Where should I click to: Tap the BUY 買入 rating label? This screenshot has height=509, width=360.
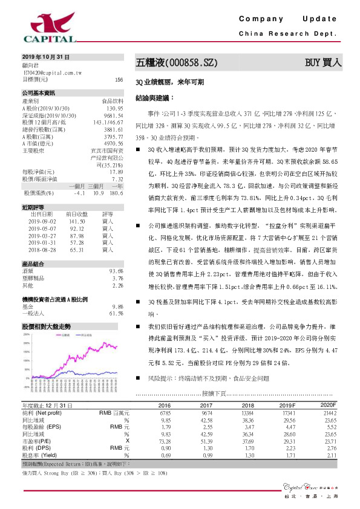tap(324, 62)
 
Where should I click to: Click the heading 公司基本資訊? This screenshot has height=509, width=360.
tap(38, 93)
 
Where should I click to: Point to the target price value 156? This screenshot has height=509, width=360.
tap(119, 79)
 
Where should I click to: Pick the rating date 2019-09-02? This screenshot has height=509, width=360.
tap(41, 222)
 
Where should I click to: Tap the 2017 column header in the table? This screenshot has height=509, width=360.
tap(206, 404)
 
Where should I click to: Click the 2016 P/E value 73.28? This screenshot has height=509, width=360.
tap(164, 441)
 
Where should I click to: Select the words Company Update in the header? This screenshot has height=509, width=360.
tap(288, 21)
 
